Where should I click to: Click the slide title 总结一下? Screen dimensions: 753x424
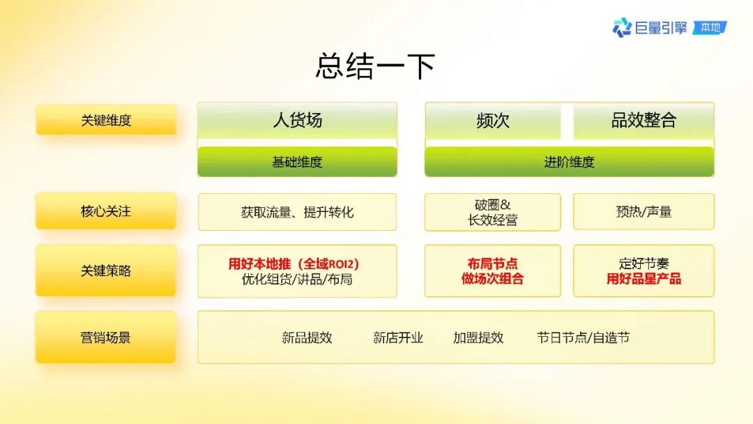375,66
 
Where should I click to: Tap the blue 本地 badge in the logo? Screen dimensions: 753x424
710,27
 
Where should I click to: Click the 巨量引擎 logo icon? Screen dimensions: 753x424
622,27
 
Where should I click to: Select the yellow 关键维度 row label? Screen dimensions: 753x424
106,119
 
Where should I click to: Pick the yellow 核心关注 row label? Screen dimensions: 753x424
106,211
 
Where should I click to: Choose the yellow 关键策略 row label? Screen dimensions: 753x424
106,271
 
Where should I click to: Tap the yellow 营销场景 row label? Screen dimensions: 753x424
106,337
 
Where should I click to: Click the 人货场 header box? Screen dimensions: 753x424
297,120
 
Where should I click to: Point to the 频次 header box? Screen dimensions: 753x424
493,121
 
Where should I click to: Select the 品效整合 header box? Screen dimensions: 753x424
644,121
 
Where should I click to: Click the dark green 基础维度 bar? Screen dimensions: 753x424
297,162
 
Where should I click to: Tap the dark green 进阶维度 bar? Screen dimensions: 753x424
569,162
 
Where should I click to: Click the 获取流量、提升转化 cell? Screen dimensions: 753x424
297,212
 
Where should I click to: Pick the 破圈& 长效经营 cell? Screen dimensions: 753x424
493,212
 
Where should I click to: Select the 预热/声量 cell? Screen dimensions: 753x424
644,212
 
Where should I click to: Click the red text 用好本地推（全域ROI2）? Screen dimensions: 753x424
294,264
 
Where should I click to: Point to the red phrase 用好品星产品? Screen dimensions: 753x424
644,278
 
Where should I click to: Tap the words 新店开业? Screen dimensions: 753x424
398,338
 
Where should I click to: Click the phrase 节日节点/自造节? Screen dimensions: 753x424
583,338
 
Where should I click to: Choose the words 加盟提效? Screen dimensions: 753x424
478,338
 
